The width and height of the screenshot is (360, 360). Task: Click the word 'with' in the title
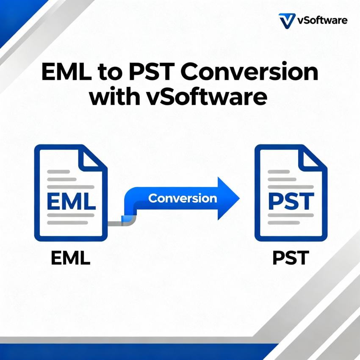tap(114, 97)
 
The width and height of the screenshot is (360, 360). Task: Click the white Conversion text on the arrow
tap(183, 198)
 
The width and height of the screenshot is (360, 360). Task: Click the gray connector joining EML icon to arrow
tap(115, 222)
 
